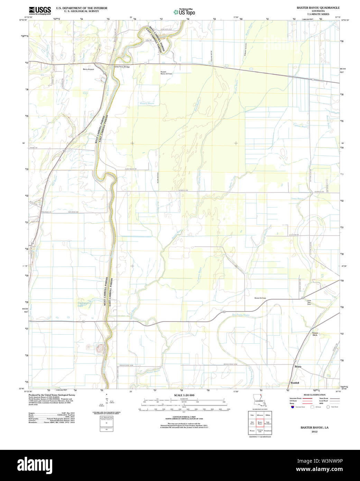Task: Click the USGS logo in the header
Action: (x=40, y=10)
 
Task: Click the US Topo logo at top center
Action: (x=184, y=12)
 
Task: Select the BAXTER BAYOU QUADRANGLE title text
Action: (x=318, y=8)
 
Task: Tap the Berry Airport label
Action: (x=88, y=69)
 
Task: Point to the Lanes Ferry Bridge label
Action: (x=122, y=67)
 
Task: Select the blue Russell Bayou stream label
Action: (x=147, y=103)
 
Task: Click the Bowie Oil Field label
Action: (x=260, y=298)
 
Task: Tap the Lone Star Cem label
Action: (x=309, y=302)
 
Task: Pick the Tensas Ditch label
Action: (x=315, y=334)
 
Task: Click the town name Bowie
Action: (x=298, y=366)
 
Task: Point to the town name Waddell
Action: (x=295, y=383)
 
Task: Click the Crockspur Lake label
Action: (x=81, y=305)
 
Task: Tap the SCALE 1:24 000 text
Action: (x=184, y=395)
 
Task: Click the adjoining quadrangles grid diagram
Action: (x=260, y=423)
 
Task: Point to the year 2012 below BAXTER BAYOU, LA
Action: (x=314, y=432)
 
